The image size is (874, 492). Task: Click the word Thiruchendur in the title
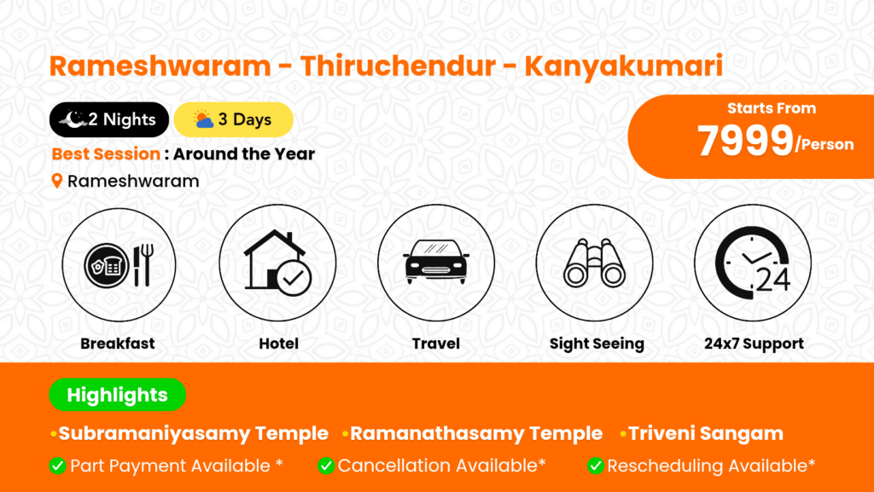(398, 66)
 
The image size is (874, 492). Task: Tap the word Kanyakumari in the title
(624, 67)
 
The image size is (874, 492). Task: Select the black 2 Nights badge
(109, 119)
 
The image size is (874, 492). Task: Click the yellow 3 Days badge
(234, 119)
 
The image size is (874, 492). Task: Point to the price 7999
(745, 140)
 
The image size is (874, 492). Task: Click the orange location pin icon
(57, 181)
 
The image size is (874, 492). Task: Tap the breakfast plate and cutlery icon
(119, 265)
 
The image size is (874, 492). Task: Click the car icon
(436, 262)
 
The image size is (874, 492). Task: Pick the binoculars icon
(594, 263)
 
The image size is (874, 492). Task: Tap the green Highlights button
(118, 395)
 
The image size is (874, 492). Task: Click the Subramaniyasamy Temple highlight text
(194, 433)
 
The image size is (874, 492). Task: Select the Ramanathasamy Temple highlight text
(476, 433)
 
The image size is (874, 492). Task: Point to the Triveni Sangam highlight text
(706, 433)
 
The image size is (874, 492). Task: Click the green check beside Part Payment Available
(57, 466)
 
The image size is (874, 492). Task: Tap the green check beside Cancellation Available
(326, 466)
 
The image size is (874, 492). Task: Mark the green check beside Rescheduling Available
(595, 466)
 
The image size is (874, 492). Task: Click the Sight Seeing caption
(597, 344)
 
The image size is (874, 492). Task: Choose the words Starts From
(772, 108)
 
